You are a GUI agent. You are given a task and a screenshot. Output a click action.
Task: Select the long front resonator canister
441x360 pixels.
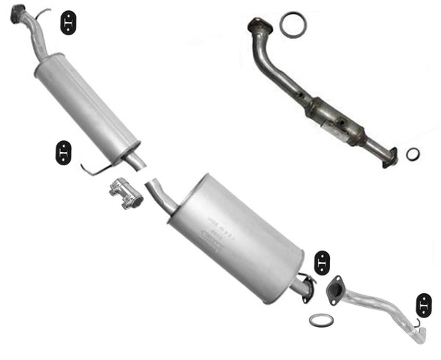(87, 104)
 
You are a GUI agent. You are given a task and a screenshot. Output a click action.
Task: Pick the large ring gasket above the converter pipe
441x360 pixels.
(293, 24)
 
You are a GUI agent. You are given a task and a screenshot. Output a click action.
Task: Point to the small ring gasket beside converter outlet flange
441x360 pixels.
(413, 154)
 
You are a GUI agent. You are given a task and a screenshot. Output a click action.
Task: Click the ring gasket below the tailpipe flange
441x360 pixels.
(320, 320)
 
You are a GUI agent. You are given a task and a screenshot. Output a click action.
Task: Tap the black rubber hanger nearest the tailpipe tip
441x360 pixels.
(425, 303)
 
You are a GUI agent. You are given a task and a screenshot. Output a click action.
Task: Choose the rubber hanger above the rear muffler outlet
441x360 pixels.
(322, 262)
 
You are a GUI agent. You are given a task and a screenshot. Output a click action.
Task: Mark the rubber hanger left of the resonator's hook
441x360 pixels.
(64, 152)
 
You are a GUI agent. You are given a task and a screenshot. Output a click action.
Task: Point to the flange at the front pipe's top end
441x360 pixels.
(18, 13)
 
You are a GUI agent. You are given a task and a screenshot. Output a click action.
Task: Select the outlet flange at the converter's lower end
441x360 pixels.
(390, 156)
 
